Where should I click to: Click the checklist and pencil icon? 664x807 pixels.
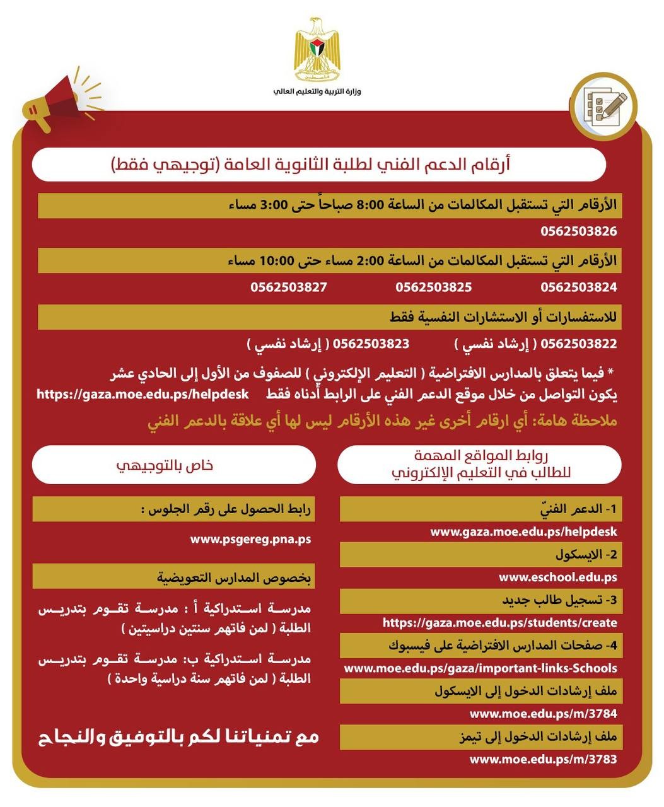(602, 105)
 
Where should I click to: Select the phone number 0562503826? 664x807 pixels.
(578, 231)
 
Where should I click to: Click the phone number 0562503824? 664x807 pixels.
(578, 287)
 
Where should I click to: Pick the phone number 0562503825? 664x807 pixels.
(434, 287)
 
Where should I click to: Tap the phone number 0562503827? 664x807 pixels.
(289, 287)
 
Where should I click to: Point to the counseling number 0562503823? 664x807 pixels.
(371, 344)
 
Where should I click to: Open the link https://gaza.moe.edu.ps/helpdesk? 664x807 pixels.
(143, 395)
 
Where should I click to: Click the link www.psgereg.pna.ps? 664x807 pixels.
(250, 539)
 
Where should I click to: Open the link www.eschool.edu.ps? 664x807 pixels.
(557, 577)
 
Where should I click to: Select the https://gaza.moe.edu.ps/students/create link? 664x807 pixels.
(499, 623)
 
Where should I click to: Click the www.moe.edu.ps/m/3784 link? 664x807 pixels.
(543, 714)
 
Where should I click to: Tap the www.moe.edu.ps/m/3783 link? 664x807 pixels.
(543, 759)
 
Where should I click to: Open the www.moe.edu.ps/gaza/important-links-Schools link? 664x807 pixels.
(480, 668)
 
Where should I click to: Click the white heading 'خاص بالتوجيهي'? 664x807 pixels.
(173, 465)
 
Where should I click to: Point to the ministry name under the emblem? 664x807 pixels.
(317, 91)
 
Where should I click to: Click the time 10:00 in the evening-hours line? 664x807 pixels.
(276, 260)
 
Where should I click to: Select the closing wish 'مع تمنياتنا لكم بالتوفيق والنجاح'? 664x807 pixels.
(179, 736)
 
